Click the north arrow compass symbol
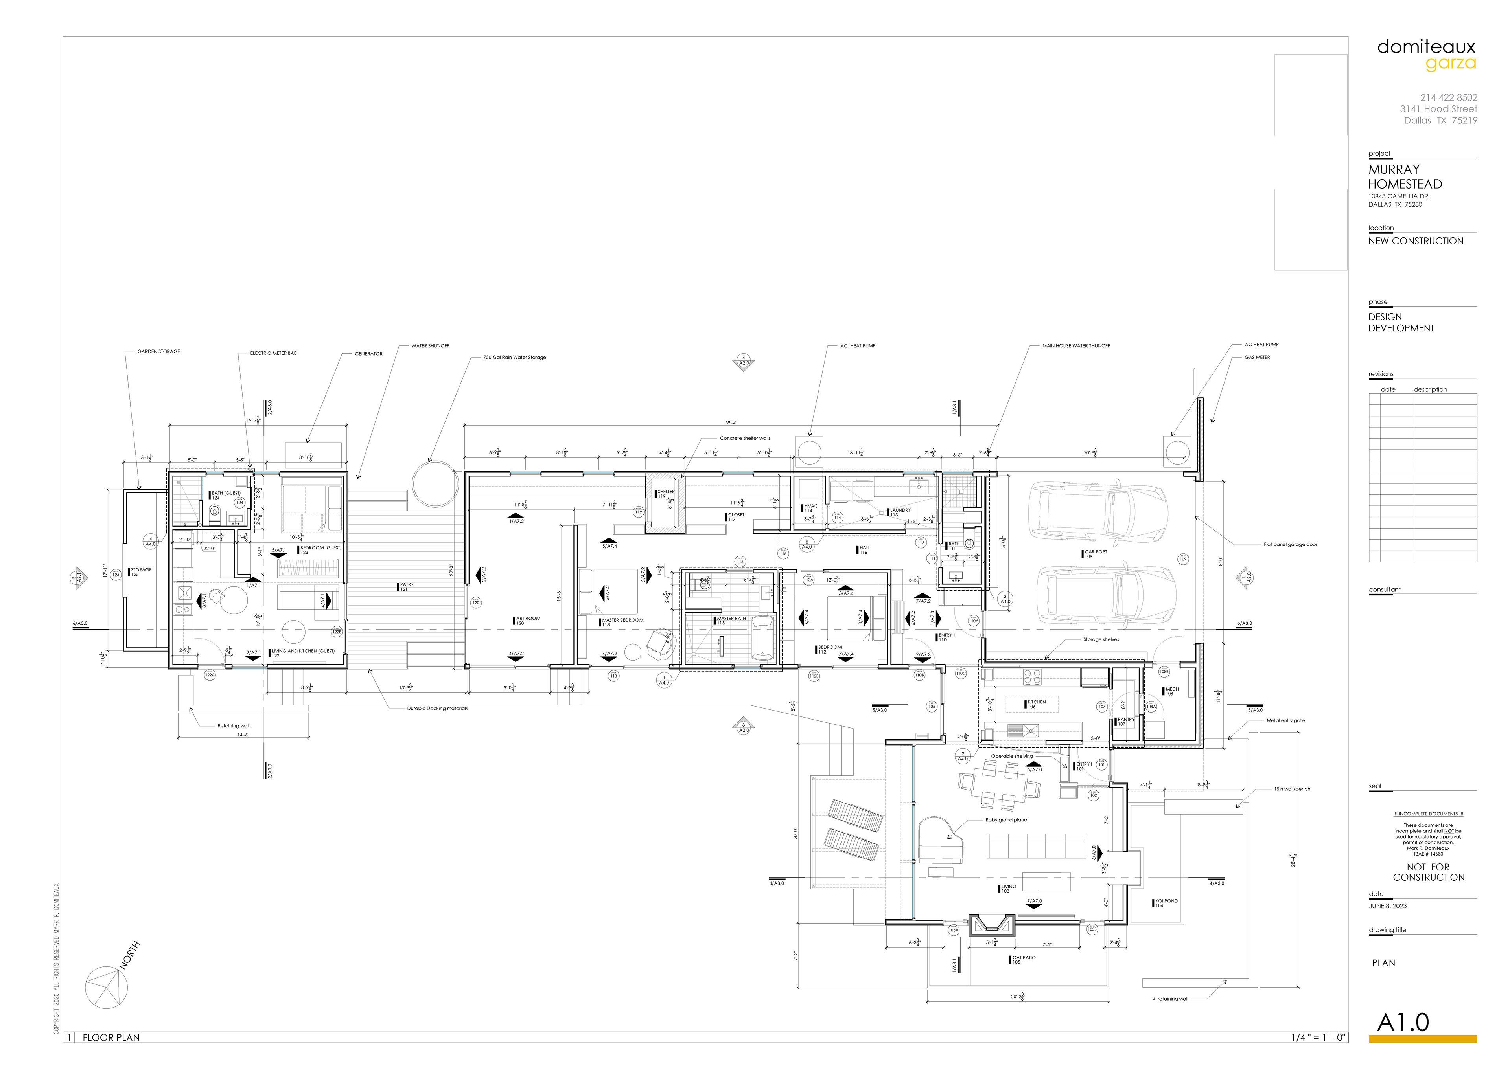[x=106, y=987]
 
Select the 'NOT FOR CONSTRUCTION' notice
[x=1428, y=872]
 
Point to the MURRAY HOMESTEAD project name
[x=1405, y=176]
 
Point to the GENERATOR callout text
[x=368, y=354]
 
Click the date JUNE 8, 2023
[x=1387, y=906]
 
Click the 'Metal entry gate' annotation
[x=1285, y=720]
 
